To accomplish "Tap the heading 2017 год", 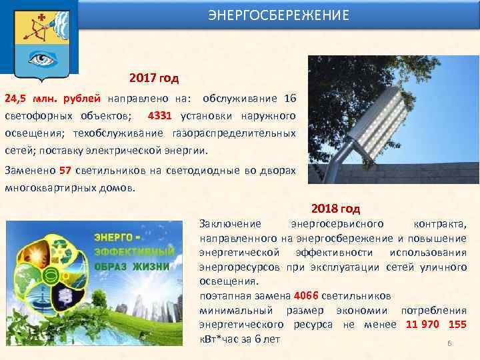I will pos(154,79).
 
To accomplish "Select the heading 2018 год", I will pos(335,209).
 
